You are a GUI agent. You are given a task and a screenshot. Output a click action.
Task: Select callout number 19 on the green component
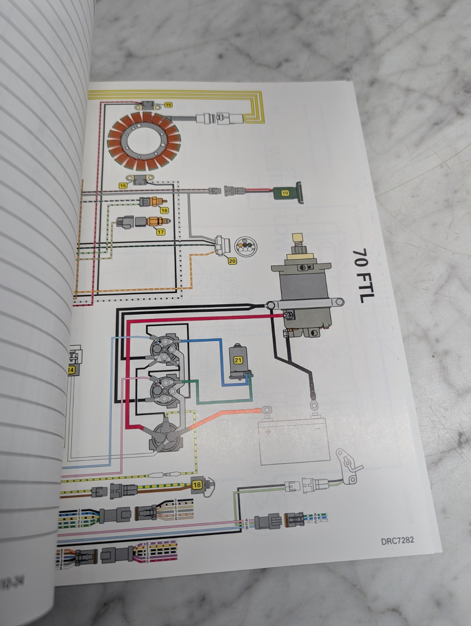click(x=285, y=192)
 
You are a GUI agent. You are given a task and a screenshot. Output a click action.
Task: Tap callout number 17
click(x=161, y=232)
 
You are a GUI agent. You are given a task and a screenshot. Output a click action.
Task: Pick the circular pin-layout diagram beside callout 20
click(x=244, y=246)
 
